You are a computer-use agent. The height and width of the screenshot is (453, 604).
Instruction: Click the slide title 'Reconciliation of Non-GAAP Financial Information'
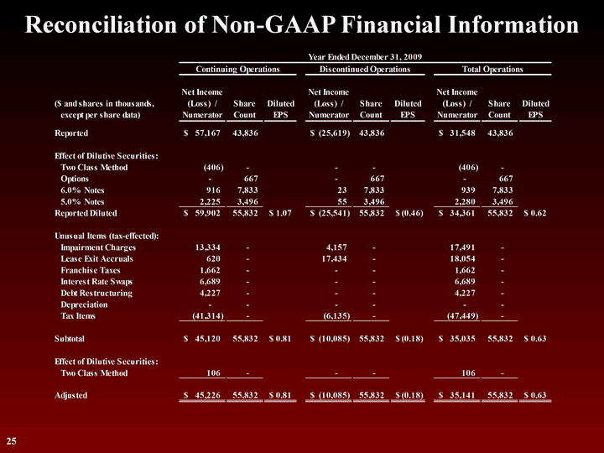point(302,24)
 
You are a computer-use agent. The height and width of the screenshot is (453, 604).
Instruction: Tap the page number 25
point(12,440)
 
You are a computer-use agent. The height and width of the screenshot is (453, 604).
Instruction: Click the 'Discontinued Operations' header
point(365,69)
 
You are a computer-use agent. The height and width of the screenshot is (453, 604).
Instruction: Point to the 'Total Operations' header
point(492,69)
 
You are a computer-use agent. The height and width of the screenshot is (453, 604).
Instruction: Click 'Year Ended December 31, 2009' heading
point(365,56)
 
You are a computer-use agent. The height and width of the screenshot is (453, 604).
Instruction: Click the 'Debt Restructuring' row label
point(96,294)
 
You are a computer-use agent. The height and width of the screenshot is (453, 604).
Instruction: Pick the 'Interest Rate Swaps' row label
point(97,282)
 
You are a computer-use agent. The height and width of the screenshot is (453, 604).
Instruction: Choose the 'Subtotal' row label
point(70,339)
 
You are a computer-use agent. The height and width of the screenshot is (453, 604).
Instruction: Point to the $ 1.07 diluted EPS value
point(280,213)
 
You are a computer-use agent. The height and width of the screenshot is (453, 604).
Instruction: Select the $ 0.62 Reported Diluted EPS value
point(534,213)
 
